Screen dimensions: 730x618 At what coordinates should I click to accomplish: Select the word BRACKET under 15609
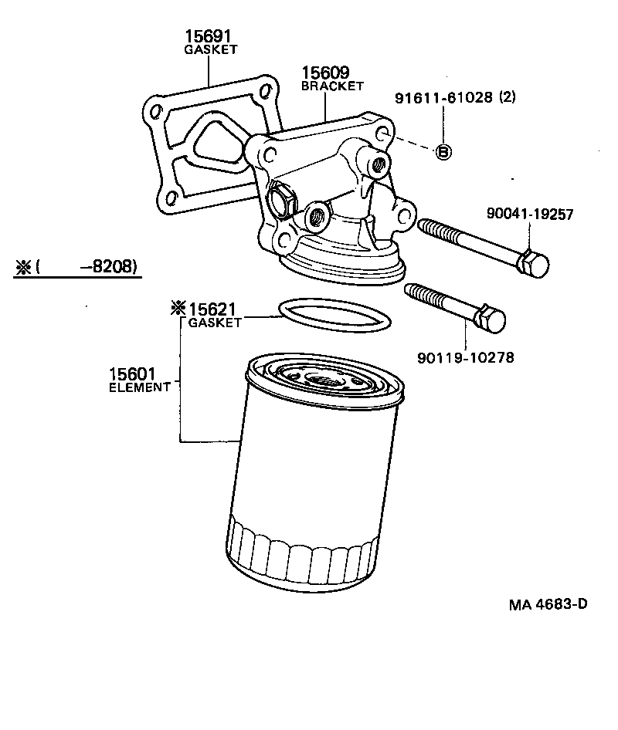click(x=332, y=86)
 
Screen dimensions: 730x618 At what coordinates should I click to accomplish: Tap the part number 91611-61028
click(x=443, y=98)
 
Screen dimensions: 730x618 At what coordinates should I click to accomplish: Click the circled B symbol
click(x=444, y=152)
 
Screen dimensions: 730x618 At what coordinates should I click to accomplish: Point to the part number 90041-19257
click(x=530, y=215)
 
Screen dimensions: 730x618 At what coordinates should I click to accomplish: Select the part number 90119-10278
click(x=466, y=357)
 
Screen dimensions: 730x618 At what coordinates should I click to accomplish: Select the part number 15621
click(x=213, y=309)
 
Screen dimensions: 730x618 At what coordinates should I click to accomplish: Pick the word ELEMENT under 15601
click(x=139, y=387)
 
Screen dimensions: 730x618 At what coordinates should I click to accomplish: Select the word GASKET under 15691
click(x=210, y=49)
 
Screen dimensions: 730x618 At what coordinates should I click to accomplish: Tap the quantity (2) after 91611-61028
click(x=508, y=98)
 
